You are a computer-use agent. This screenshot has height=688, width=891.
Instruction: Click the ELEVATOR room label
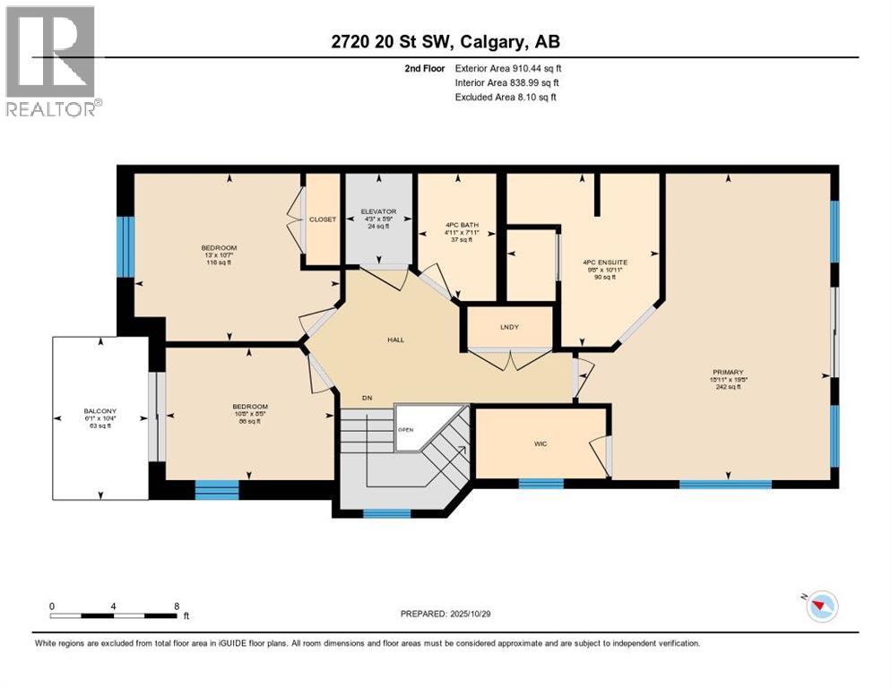pyautogui.click(x=379, y=212)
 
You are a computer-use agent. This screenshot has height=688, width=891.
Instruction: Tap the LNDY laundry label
pyautogui.click(x=510, y=326)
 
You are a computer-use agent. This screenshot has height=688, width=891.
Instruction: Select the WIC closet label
pyautogui.click(x=541, y=442)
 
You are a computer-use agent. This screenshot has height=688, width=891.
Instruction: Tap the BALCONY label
pyautogui.click(x=99, y=413)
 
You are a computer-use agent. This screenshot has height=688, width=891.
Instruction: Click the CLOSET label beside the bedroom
pyautogui.click(x=323, y=219)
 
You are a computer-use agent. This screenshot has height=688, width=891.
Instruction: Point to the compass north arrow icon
pyautogui.click(x=820, y=606)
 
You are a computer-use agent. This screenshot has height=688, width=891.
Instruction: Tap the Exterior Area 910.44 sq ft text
pyautogui.click(x=508, y=68)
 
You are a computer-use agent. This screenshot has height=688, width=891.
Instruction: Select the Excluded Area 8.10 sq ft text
pyautogui.click(x=506, y=97)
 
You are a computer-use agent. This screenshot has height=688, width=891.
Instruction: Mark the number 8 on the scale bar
pyautogui.click(x=177, y=606)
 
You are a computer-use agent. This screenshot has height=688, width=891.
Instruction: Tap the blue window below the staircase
pyautogui.click(x=386, y=513)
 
